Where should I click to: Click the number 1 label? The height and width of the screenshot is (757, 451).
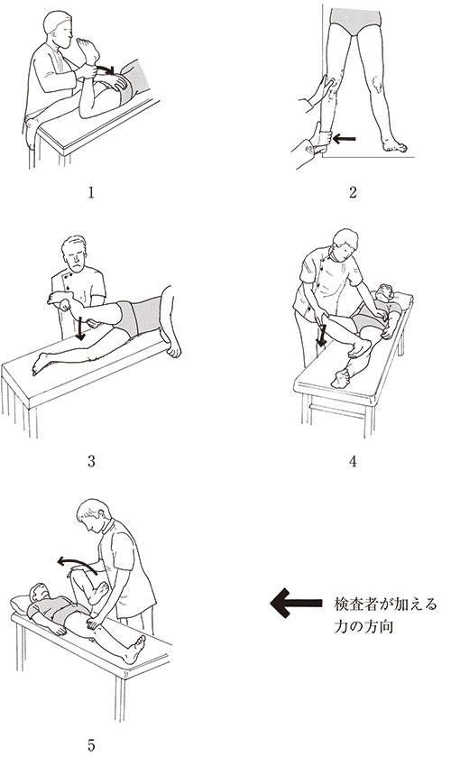[91, 192]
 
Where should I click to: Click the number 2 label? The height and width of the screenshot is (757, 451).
[353, 192]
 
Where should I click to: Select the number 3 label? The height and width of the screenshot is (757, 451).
[91, 462]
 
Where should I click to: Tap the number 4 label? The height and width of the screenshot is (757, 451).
[353, 462]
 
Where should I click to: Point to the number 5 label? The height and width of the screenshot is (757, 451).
[91, 745]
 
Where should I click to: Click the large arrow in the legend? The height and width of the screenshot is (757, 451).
[296, 603]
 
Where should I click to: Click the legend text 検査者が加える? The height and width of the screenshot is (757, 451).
[385, 605]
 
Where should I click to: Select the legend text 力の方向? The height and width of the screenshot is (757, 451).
[364, 627]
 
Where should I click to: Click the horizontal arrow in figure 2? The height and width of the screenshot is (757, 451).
[345, 139]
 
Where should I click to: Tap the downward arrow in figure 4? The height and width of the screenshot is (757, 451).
[321, 336]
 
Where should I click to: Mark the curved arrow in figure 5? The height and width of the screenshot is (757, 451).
[77, 564]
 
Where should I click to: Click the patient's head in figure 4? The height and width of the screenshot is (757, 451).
[384, 293]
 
